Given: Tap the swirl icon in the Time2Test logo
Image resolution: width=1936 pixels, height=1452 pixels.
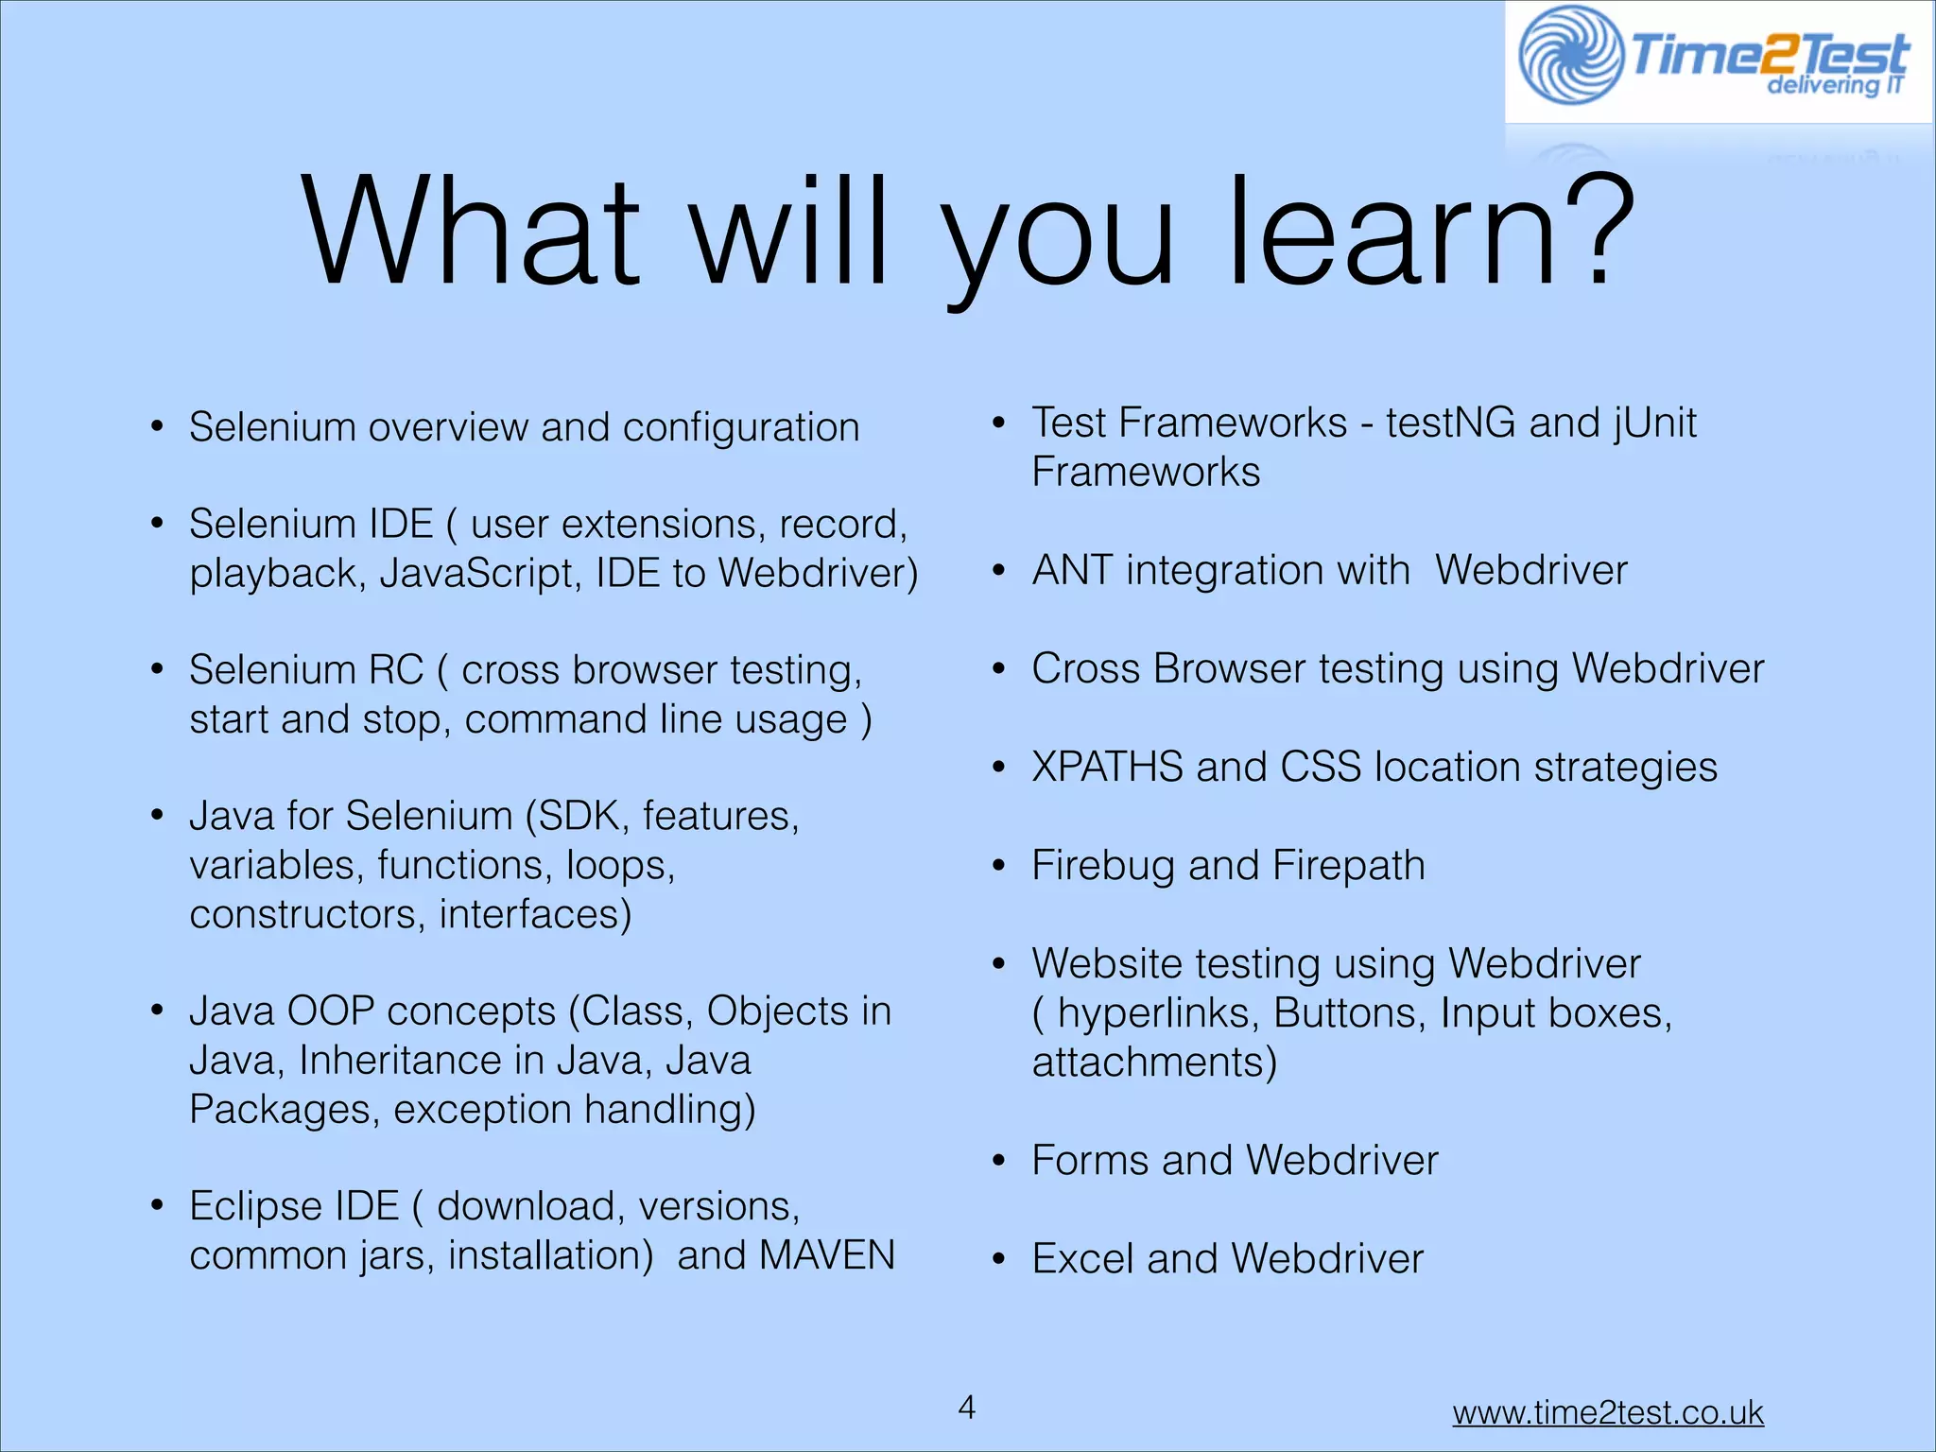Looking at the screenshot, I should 1570,55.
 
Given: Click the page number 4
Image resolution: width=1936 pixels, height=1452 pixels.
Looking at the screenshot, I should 966,1407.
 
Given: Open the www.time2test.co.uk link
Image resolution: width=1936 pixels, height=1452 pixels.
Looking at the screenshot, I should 1607,1412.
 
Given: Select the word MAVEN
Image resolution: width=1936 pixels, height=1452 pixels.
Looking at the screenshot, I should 826,1255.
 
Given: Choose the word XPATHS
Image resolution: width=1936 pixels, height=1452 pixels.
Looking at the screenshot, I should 1107,767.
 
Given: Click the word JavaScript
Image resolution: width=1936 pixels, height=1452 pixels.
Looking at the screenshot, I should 480,573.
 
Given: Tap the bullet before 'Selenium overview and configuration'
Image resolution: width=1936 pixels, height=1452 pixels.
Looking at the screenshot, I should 158,427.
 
